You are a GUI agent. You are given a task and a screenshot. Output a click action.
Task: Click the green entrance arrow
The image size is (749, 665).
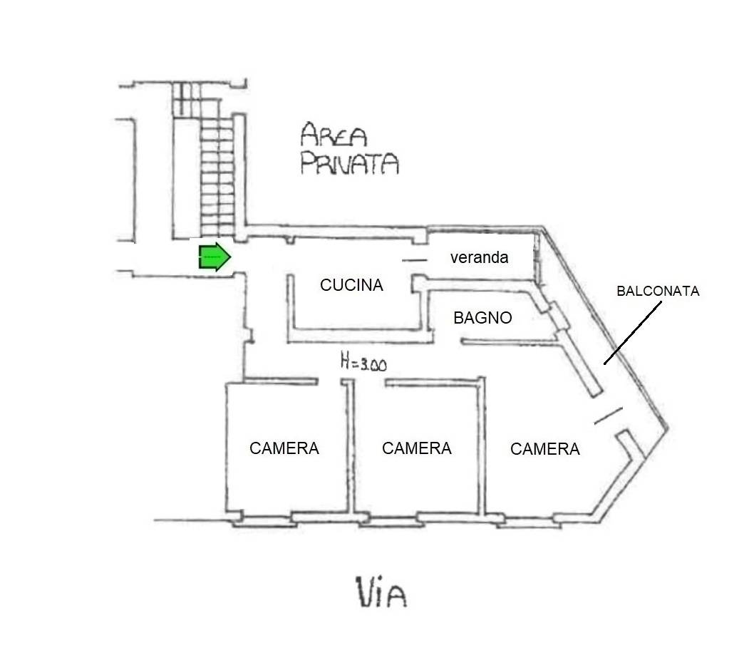[x=214, y=257]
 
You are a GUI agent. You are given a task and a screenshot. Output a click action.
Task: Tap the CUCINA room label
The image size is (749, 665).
[x=351, y=285]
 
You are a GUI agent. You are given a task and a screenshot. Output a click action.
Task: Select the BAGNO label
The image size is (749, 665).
[x=482, y=318]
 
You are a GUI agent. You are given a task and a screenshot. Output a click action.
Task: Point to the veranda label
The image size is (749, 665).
[x=479, y=257]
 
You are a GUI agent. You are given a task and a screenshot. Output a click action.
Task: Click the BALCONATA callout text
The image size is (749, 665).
[x=658, y=291]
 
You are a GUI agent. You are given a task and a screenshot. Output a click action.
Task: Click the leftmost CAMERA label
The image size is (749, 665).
[x=284, y=448]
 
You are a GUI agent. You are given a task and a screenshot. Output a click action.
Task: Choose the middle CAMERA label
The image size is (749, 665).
[x=416, y=448]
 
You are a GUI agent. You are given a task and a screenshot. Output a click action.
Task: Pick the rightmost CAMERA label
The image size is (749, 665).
[x=545, y=449]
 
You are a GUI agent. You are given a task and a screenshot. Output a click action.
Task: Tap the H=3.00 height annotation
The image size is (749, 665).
[x=363, y=364]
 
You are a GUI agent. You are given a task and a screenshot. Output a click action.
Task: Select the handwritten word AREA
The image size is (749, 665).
[x=333, y=135]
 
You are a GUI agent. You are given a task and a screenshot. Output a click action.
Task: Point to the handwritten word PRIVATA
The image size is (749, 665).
[x=348, y=164]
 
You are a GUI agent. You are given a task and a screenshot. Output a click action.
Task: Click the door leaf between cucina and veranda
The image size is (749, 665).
[x=413, y=260]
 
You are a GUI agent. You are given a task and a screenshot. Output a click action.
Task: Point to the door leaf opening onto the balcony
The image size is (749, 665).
[x=608, y=415]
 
